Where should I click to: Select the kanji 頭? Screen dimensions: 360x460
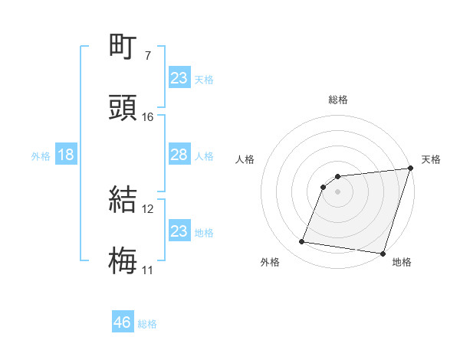(x=123, y=109)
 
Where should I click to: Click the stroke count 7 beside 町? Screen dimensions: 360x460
(x=147, y=56)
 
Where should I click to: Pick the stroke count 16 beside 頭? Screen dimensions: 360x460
(x=147, y=116)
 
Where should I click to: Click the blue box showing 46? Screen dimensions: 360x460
(x=123, y=322)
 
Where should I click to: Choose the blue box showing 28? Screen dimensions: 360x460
(x=179, y=155)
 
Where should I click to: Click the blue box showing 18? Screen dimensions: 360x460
(x=66, y=155)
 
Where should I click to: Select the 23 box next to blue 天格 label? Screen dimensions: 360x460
(x=179, y=78)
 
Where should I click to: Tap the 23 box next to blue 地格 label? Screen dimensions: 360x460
(x=179, y=231)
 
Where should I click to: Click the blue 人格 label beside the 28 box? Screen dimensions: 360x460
(x=204, y=155)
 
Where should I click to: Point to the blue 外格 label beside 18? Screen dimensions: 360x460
(x=41, y=155)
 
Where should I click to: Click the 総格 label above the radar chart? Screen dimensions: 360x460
(x=338, y=100)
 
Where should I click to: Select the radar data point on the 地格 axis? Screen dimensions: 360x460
(x=383, y=254)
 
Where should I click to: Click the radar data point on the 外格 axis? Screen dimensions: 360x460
(x=302, y=242)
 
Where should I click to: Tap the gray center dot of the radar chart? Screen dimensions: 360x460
(x=337, y=192)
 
